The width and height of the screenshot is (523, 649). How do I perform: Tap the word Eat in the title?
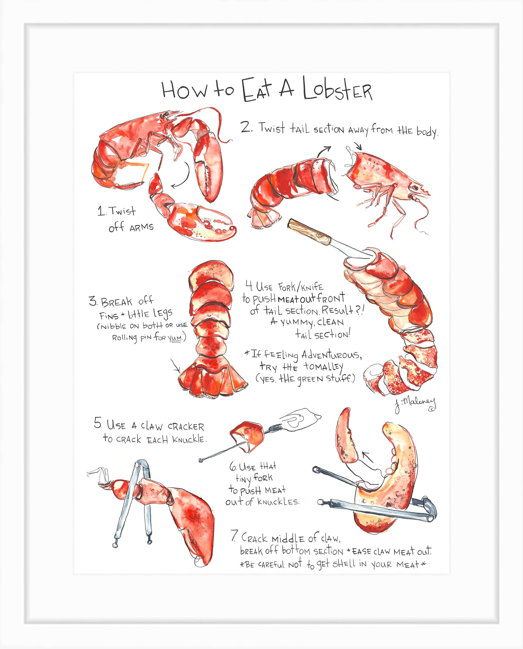[257, 90]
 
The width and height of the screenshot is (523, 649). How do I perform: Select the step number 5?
[98, 423]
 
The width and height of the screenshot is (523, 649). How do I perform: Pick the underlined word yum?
[175, 338]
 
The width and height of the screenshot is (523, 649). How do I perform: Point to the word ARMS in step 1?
[142, 227]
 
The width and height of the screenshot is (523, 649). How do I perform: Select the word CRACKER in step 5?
[186, 427]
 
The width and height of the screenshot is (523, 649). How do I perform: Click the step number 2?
[246, 127]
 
